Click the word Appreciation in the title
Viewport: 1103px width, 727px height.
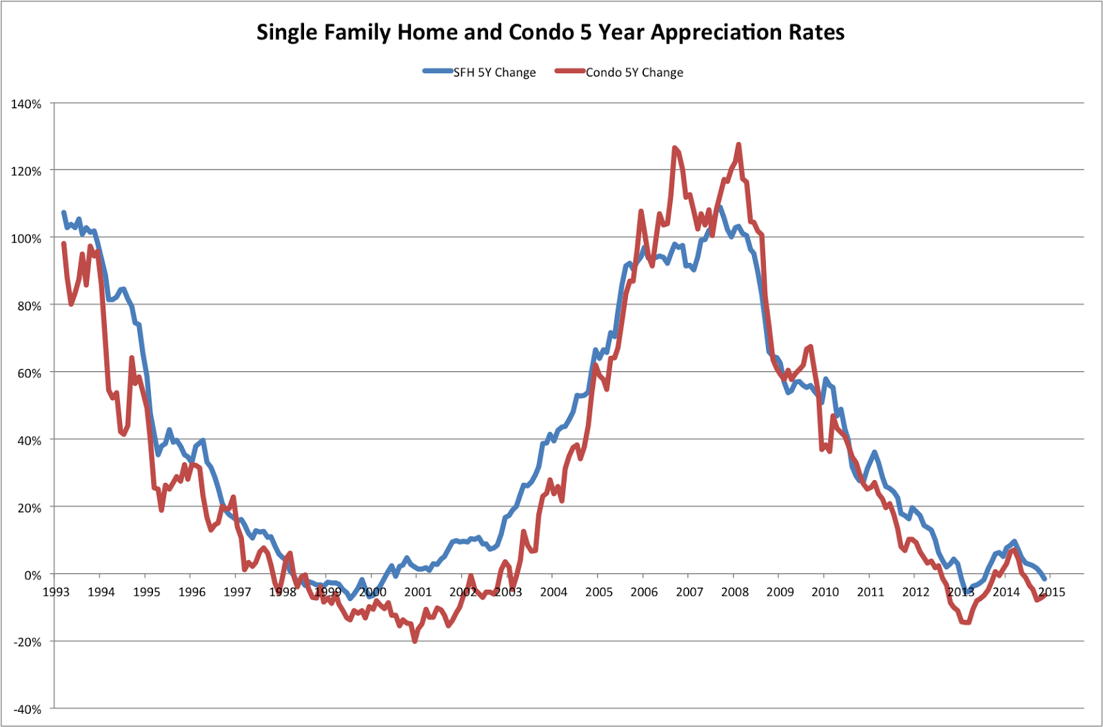click(x=714, y=32)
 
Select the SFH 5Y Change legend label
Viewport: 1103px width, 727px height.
click(x=494, y=72)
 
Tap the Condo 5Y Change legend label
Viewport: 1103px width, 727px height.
click(x=634, y=72)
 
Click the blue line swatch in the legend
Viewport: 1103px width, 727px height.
click(x=438, y=71)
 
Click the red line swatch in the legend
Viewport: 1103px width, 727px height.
click(x=570, y=71)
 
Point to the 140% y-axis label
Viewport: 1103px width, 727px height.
click(x=26, y=104)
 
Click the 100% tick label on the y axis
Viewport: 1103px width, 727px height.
click(x=26, y=239)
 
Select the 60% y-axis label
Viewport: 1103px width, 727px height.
click(x=28, y=373)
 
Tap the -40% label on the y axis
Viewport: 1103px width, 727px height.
click(x=26, y=710)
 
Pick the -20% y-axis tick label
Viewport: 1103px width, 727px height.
click(x=26, y=642)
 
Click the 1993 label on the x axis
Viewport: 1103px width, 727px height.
click(x=56, y=592)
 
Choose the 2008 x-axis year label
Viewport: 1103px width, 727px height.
click(x=735, y=592)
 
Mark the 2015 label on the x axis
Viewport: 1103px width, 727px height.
click(x=1051, y=592)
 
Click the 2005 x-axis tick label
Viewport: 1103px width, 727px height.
click(x=599, y=592)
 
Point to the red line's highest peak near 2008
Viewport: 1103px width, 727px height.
click(x=738, y=145)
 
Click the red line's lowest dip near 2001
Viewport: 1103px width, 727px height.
click(x=415, y=641)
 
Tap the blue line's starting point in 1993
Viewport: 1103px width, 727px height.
click(x=63, y=212)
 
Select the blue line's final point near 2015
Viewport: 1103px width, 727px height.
click(x=1044, y=578)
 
